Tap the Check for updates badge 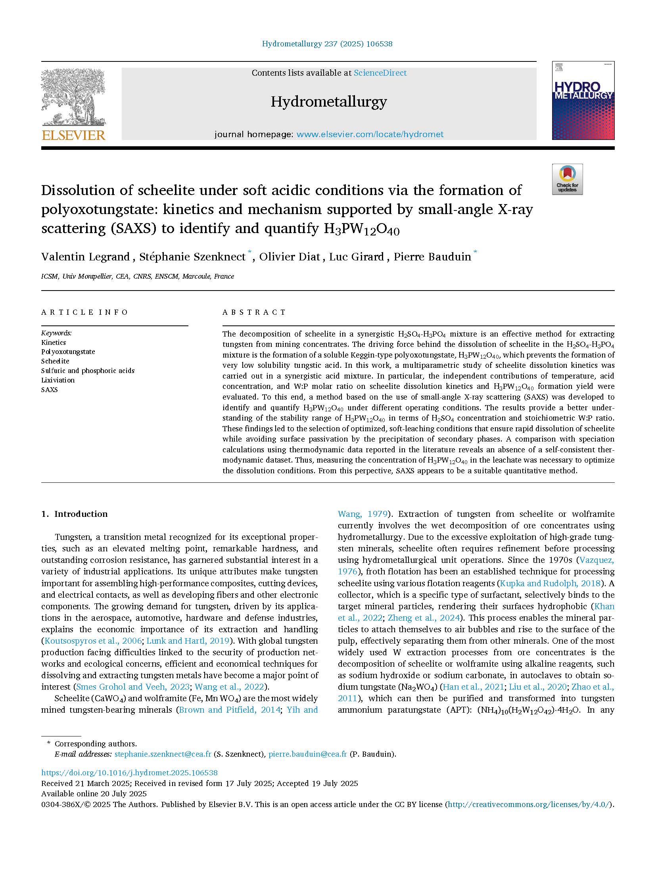567,179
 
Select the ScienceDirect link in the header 380,73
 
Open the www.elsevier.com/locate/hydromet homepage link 370,134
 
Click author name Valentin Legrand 85,257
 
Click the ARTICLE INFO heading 84,312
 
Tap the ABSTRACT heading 254,312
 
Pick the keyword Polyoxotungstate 68,352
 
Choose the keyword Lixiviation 58,380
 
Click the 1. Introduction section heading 75,514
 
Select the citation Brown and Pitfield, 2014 228,710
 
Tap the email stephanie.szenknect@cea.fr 163,754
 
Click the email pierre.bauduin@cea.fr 307,754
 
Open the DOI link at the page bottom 129,773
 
